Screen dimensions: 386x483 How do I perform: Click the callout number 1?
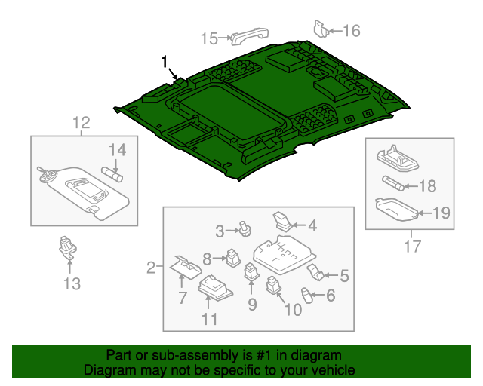[x=164, y=62]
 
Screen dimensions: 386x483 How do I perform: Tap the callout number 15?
[x=208, y=38]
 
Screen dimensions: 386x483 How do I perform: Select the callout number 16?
[x=352, y=31]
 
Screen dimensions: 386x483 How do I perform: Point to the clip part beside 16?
[x=321, y=28]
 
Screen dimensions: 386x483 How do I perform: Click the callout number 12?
[x=81, y=122]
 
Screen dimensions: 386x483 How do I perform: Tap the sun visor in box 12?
[x=83, y=189]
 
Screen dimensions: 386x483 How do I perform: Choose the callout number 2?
[x=151, y=267]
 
